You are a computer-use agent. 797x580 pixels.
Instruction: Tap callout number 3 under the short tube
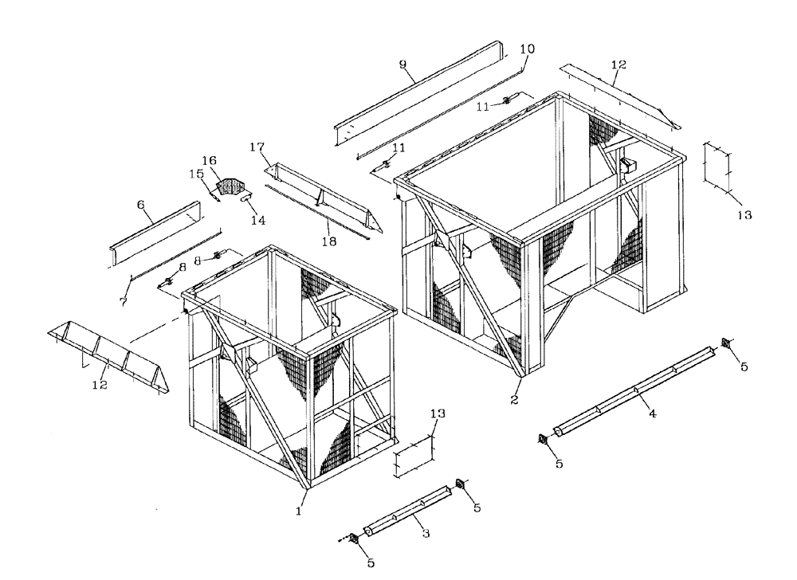[426, 534]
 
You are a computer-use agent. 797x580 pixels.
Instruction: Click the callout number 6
[141, 204]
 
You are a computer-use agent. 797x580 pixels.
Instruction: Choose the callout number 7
[124, 301]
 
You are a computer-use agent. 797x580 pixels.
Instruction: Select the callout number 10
[527, 49]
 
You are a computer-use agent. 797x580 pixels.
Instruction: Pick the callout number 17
[257, 147]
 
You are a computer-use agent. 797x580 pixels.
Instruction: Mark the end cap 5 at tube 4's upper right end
[726, 343]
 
